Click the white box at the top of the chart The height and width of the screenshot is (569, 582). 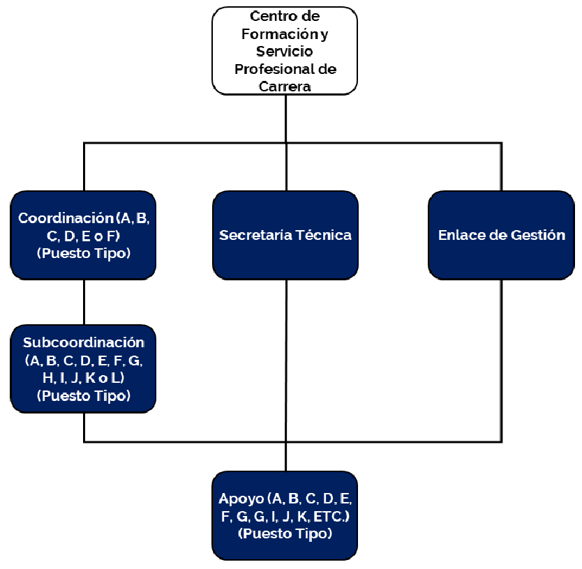[x=285, y=50]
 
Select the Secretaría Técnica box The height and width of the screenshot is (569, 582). [x=285, y=235]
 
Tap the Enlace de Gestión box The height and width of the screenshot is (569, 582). [x=501, y=235]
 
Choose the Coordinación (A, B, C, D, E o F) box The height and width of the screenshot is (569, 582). [x=84, y=235]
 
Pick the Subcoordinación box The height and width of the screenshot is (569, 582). [x=84, y=369]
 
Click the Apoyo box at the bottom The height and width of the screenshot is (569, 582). [x=285, y=516]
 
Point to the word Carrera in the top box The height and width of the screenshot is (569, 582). [x=285, y=86]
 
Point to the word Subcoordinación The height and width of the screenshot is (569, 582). [x=84, y=342]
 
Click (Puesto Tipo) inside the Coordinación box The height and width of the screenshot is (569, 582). [x=84, y=253]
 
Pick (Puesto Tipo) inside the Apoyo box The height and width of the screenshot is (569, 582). [x=285, y=534]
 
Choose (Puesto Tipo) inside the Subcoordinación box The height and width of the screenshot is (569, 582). [x=84, y=395]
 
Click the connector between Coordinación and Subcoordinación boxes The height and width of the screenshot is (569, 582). [x=84, y=302]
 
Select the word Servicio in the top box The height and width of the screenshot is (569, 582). [x=285, y=52]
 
